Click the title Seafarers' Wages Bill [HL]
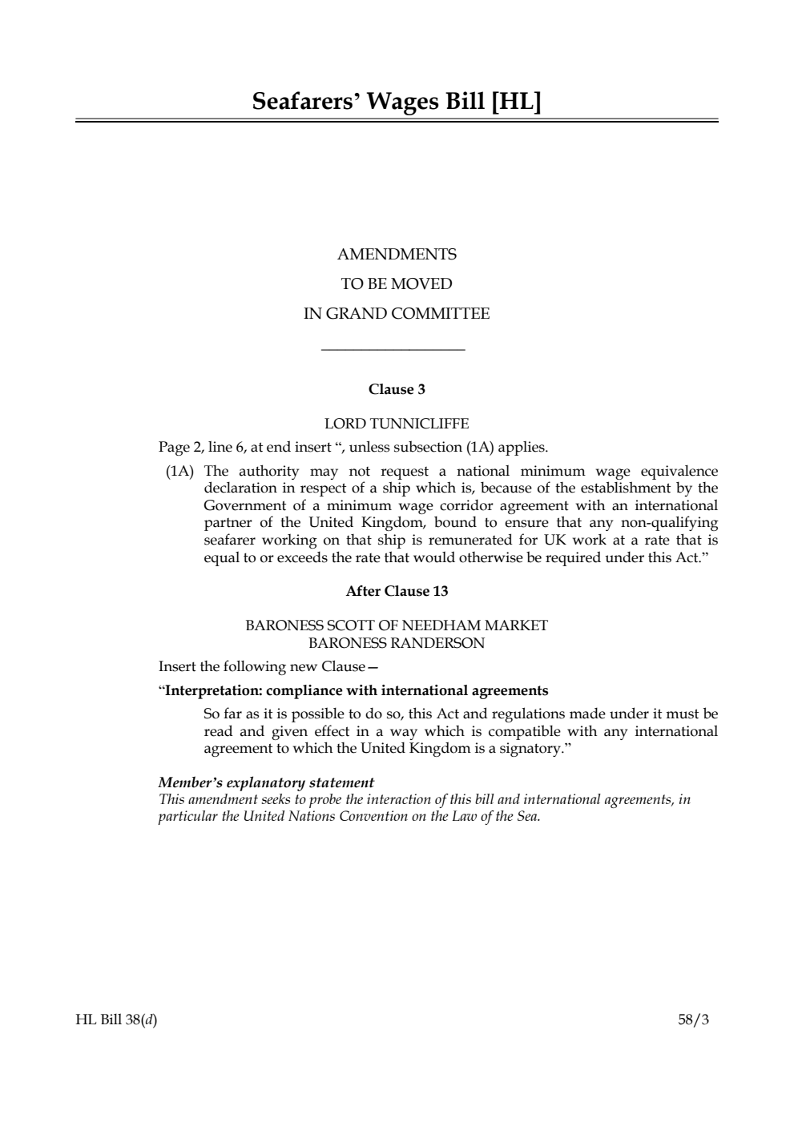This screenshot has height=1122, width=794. (397, 102)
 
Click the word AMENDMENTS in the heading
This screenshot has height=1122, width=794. (397, 255)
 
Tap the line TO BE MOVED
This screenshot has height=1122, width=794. (397, 284)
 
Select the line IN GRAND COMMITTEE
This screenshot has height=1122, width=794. (397, 314)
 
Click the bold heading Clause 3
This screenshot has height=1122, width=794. (397, 390)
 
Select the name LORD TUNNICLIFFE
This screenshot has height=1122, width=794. (397, 424)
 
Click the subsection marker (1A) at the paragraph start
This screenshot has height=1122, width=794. (180, 471)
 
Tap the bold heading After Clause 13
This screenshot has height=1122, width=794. (397, 592)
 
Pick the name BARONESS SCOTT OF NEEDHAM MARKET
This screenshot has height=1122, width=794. (397, 625)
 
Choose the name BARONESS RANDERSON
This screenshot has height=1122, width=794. (397, 643)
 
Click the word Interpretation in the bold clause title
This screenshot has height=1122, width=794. (212, 690)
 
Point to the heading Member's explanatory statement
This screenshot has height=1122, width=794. (266, 782)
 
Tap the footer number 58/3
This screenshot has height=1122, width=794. (693, 1019)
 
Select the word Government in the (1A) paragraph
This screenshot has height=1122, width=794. (244, 505)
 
